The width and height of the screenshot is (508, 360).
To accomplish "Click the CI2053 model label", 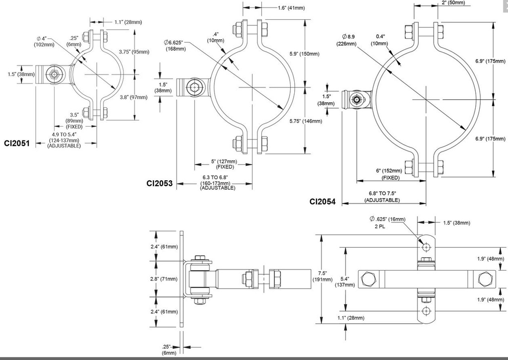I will point(159,183).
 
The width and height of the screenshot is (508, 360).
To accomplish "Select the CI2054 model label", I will point(322,202).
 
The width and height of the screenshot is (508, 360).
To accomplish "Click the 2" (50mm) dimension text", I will point(453,2).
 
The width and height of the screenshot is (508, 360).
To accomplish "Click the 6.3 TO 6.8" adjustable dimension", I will point(218,182).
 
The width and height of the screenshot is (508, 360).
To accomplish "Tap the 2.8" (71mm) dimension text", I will point(163,279).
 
